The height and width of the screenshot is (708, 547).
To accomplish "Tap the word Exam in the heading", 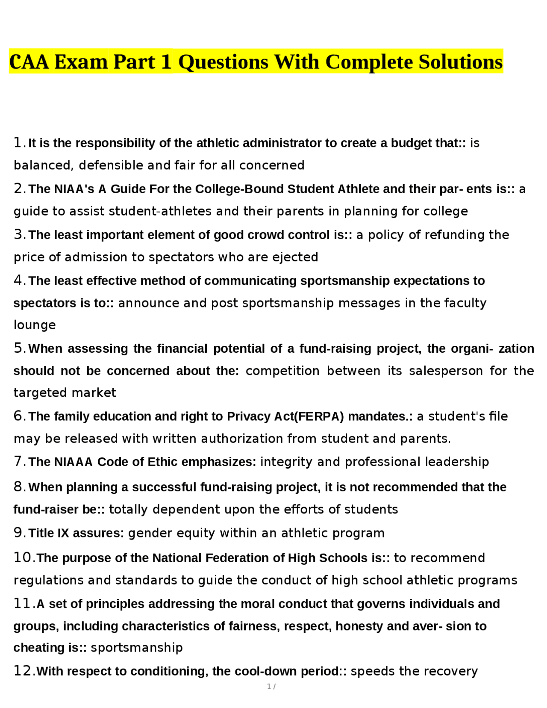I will tap(81, 62).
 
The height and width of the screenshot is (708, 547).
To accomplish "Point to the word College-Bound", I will tap(239, 189).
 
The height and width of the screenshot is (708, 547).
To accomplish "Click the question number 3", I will tap(18, 234).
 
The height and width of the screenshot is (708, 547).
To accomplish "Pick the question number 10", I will tap(23, 558).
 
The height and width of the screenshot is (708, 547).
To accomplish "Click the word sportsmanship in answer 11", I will tap(137, 648).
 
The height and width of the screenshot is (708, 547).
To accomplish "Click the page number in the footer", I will tap(269, 687).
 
